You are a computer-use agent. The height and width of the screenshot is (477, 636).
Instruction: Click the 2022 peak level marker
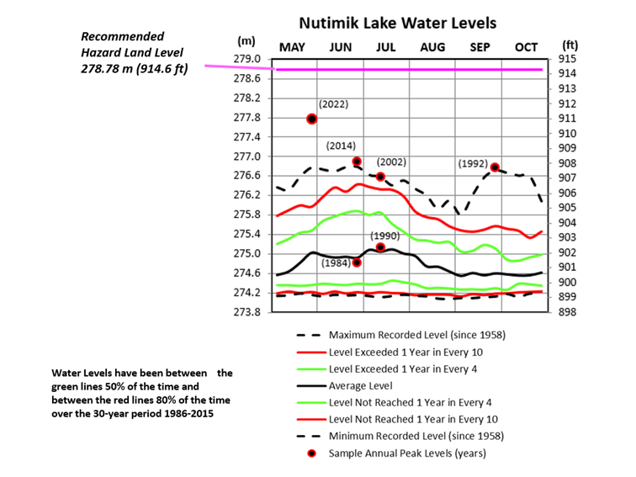point(311,119)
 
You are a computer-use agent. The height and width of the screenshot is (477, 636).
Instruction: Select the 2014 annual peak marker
point(357,161)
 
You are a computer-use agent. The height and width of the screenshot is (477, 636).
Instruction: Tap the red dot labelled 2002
point(380,177)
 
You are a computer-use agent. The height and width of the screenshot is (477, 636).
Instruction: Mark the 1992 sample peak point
point(496,167)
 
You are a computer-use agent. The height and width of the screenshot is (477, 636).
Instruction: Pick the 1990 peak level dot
point(380,247)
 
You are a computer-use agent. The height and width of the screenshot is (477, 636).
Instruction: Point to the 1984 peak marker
point(357,262)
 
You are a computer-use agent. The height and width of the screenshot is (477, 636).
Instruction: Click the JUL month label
point(387,47)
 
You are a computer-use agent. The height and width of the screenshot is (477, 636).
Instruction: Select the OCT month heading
point(525,47)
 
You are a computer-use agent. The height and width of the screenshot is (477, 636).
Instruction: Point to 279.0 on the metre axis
point(246,59)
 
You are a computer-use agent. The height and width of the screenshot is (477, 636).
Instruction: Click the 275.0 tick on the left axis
point(246,253)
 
